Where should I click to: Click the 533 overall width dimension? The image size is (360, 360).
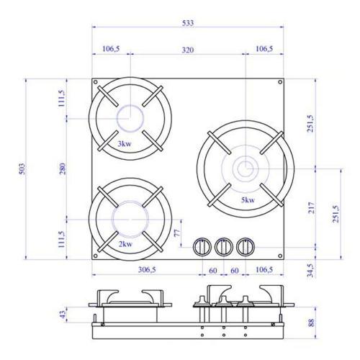click(188, 23)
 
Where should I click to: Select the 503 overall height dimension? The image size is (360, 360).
click(22, 169)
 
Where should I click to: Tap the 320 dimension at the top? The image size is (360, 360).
click(188, 50)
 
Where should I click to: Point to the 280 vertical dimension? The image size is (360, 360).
click(63, 168)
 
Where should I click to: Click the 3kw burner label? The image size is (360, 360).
click(125, 144)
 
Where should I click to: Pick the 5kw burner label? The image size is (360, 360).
click(248, 199)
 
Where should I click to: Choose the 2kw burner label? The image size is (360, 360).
click(125, 244)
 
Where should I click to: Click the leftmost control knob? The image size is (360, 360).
click(202, 247)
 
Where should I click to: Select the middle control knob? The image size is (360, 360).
click(224, 247)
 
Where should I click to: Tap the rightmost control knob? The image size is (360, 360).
click(246, 247)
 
